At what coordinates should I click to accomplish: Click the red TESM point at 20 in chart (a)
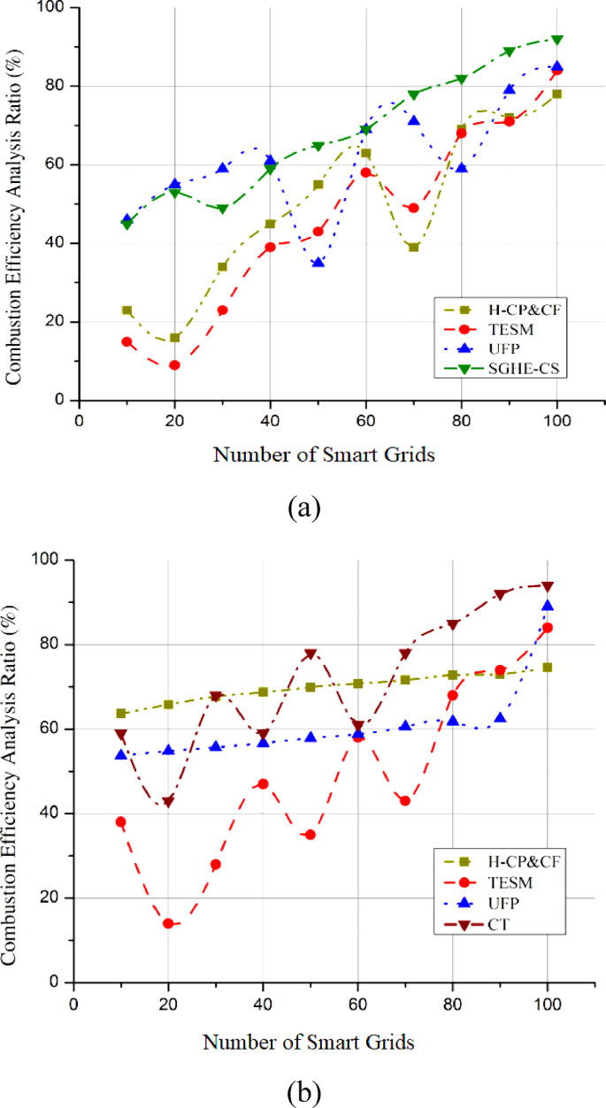tap(174, 365)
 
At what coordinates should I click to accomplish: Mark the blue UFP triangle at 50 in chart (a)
tap(318, 263)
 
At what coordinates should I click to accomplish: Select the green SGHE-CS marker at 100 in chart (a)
tap(556, 40)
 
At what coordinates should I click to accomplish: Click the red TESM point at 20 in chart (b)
tap(167, 923)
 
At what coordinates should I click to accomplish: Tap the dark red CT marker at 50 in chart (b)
tap(310, 654)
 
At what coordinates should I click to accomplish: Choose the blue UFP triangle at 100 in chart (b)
tap(548, 606)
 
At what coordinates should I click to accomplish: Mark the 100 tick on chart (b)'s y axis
tap(49, 561)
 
